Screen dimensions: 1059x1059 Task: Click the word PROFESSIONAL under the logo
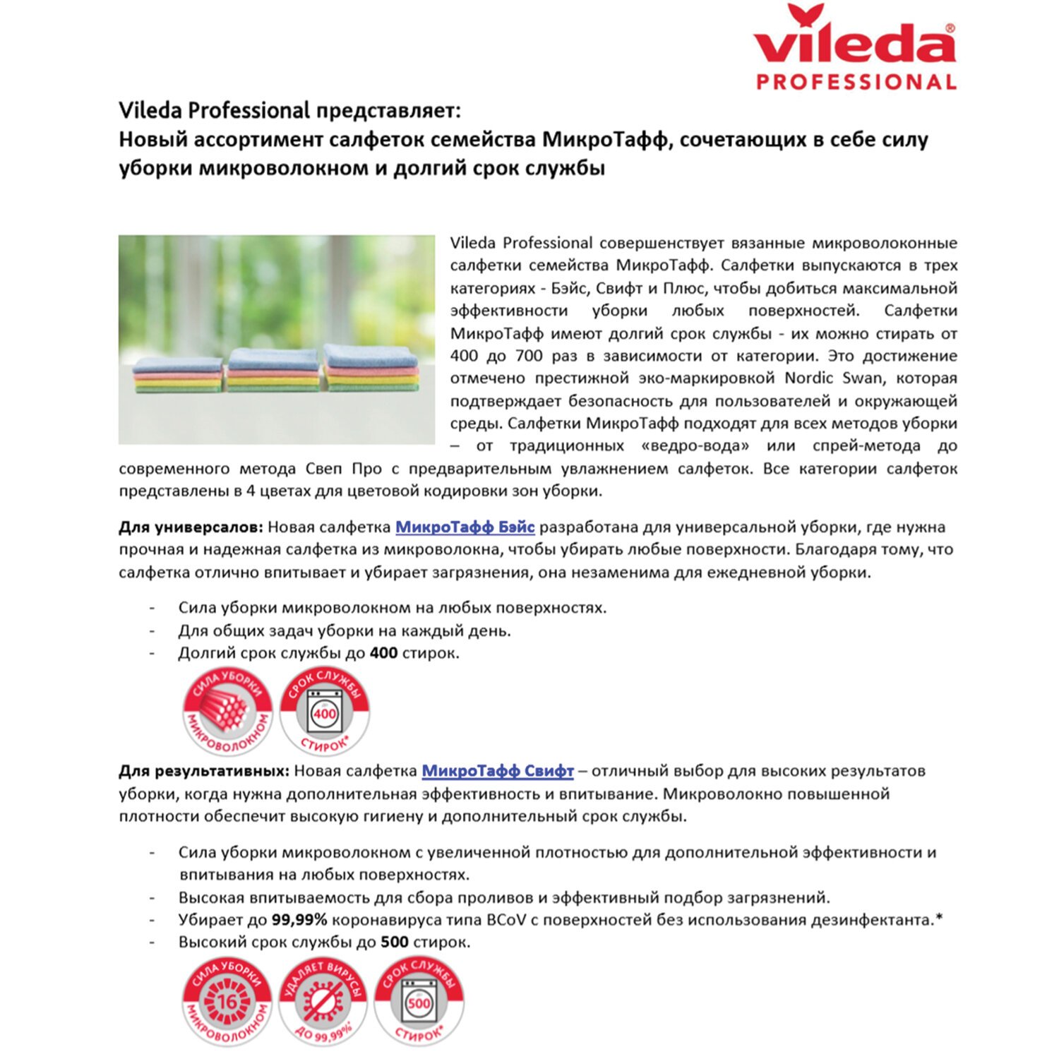(856, 82)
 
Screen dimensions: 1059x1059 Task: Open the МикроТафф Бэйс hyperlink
(465, 527)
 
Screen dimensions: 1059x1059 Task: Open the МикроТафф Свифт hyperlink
(497, 771)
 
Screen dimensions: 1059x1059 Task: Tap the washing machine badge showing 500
(419, 1003)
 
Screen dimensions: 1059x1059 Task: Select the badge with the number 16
(227, 1003)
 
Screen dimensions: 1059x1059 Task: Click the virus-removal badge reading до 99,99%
(323, 1003)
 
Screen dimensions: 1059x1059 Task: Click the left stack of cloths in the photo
(179, 375)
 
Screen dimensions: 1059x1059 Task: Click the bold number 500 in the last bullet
(394, 943)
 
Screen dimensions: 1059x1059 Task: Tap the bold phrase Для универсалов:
(191, 527)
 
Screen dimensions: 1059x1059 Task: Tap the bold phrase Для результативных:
(204, 771)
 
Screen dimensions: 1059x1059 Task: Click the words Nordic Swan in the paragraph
(833, 378)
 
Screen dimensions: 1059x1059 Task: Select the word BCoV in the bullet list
(503, 921)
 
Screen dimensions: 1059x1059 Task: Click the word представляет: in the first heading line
(388, 111)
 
